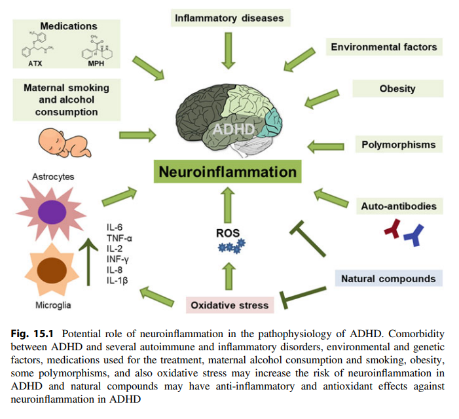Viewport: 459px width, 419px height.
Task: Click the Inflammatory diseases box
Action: pos(229,18)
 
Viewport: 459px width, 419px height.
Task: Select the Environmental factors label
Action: pos(384,47)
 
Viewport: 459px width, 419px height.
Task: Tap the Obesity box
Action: pos(397,88)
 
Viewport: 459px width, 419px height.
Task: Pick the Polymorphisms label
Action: pos(398,144)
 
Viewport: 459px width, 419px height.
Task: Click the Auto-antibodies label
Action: pos(398,206)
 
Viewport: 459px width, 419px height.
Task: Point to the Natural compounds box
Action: pos(388,278)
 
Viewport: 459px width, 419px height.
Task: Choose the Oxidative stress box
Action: pos(229,305)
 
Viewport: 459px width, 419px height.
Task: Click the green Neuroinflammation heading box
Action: pos(226,173)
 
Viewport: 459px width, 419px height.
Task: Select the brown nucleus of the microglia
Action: pos(50,270)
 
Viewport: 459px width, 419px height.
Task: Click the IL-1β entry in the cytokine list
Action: pos(119,281)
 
